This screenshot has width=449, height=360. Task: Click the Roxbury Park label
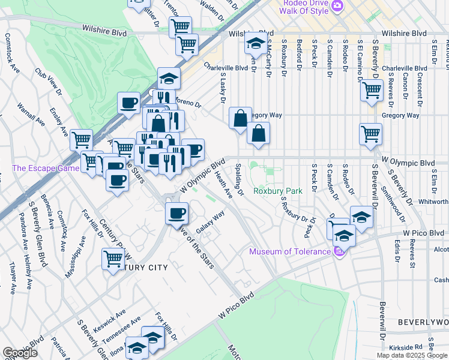[277, 191]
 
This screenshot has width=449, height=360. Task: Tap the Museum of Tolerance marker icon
[340, 251]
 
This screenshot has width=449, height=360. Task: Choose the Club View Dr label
[48, 81]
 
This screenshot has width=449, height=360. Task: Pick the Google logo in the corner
[20, 353]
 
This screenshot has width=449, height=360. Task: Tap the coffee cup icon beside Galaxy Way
[176, 213]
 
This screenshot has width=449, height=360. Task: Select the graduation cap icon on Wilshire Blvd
[256, 43]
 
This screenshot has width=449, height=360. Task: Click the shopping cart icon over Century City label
[113, 259]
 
